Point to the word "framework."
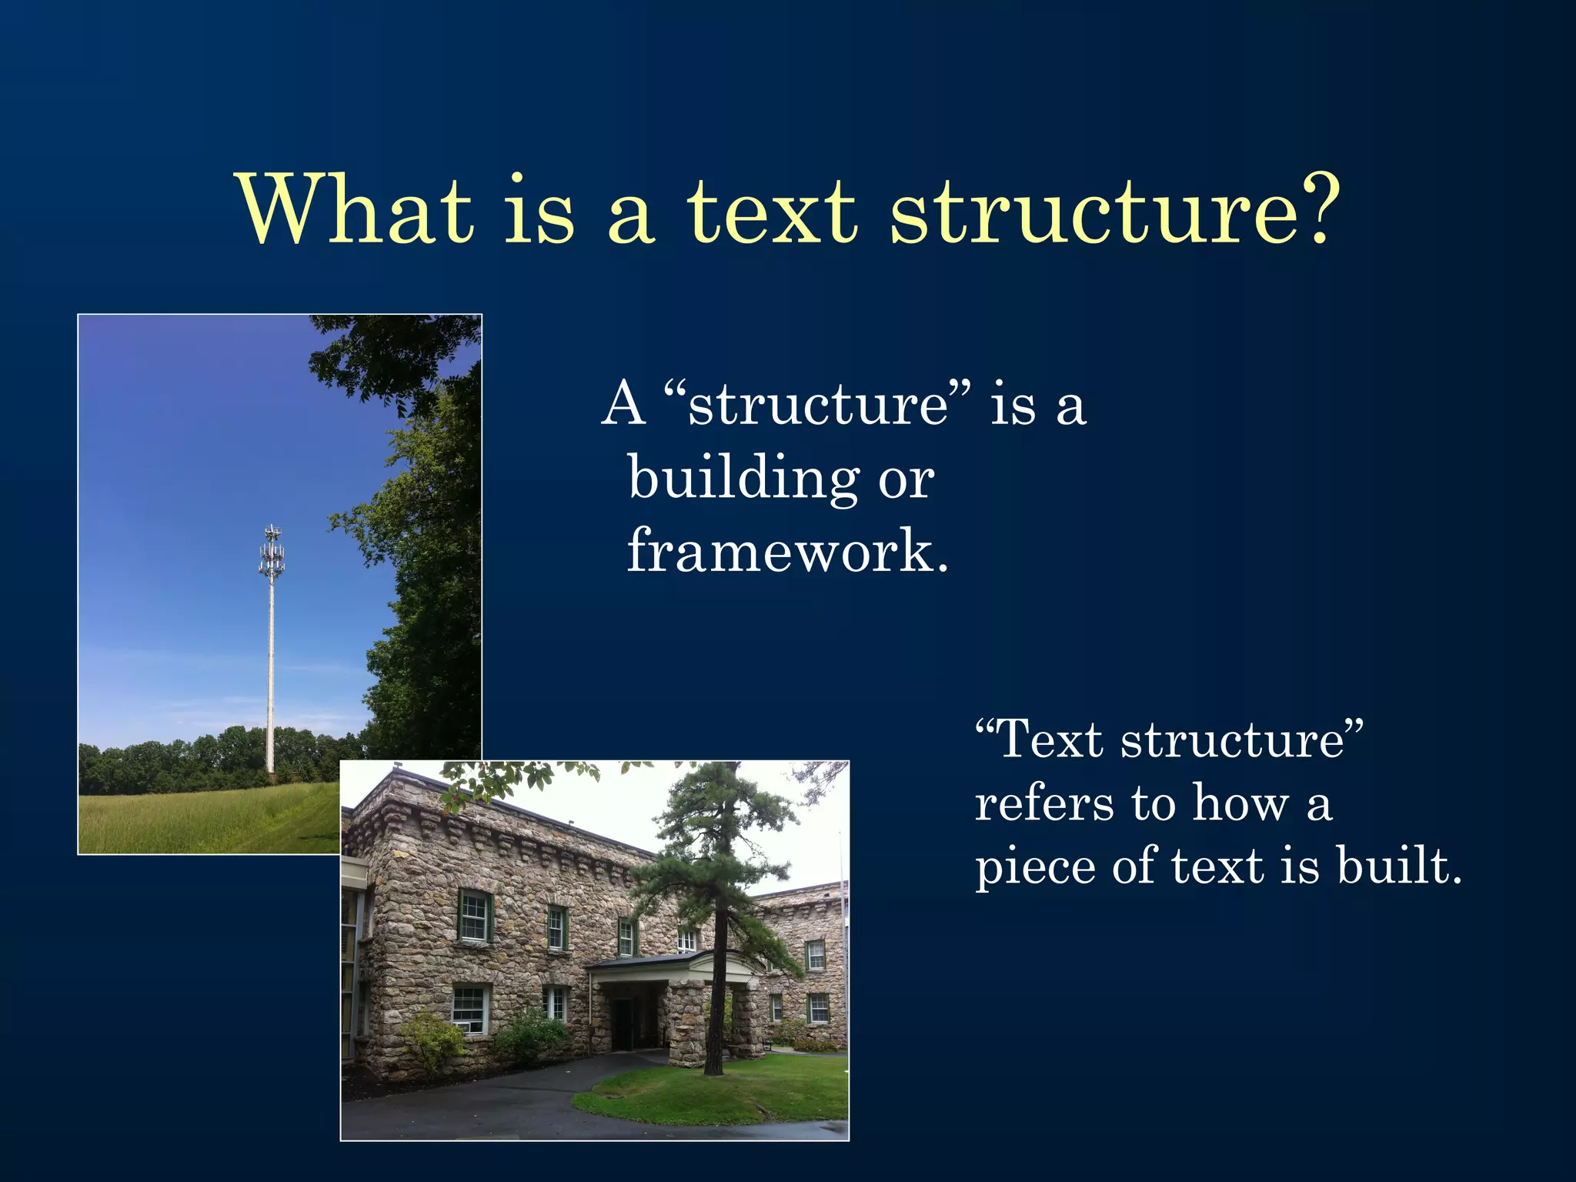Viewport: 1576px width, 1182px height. point(787,551)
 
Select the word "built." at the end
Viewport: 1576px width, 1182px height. point(1398,866)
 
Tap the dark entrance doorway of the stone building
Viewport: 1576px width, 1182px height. point(622,1022)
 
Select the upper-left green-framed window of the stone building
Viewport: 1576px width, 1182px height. point(474,916)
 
